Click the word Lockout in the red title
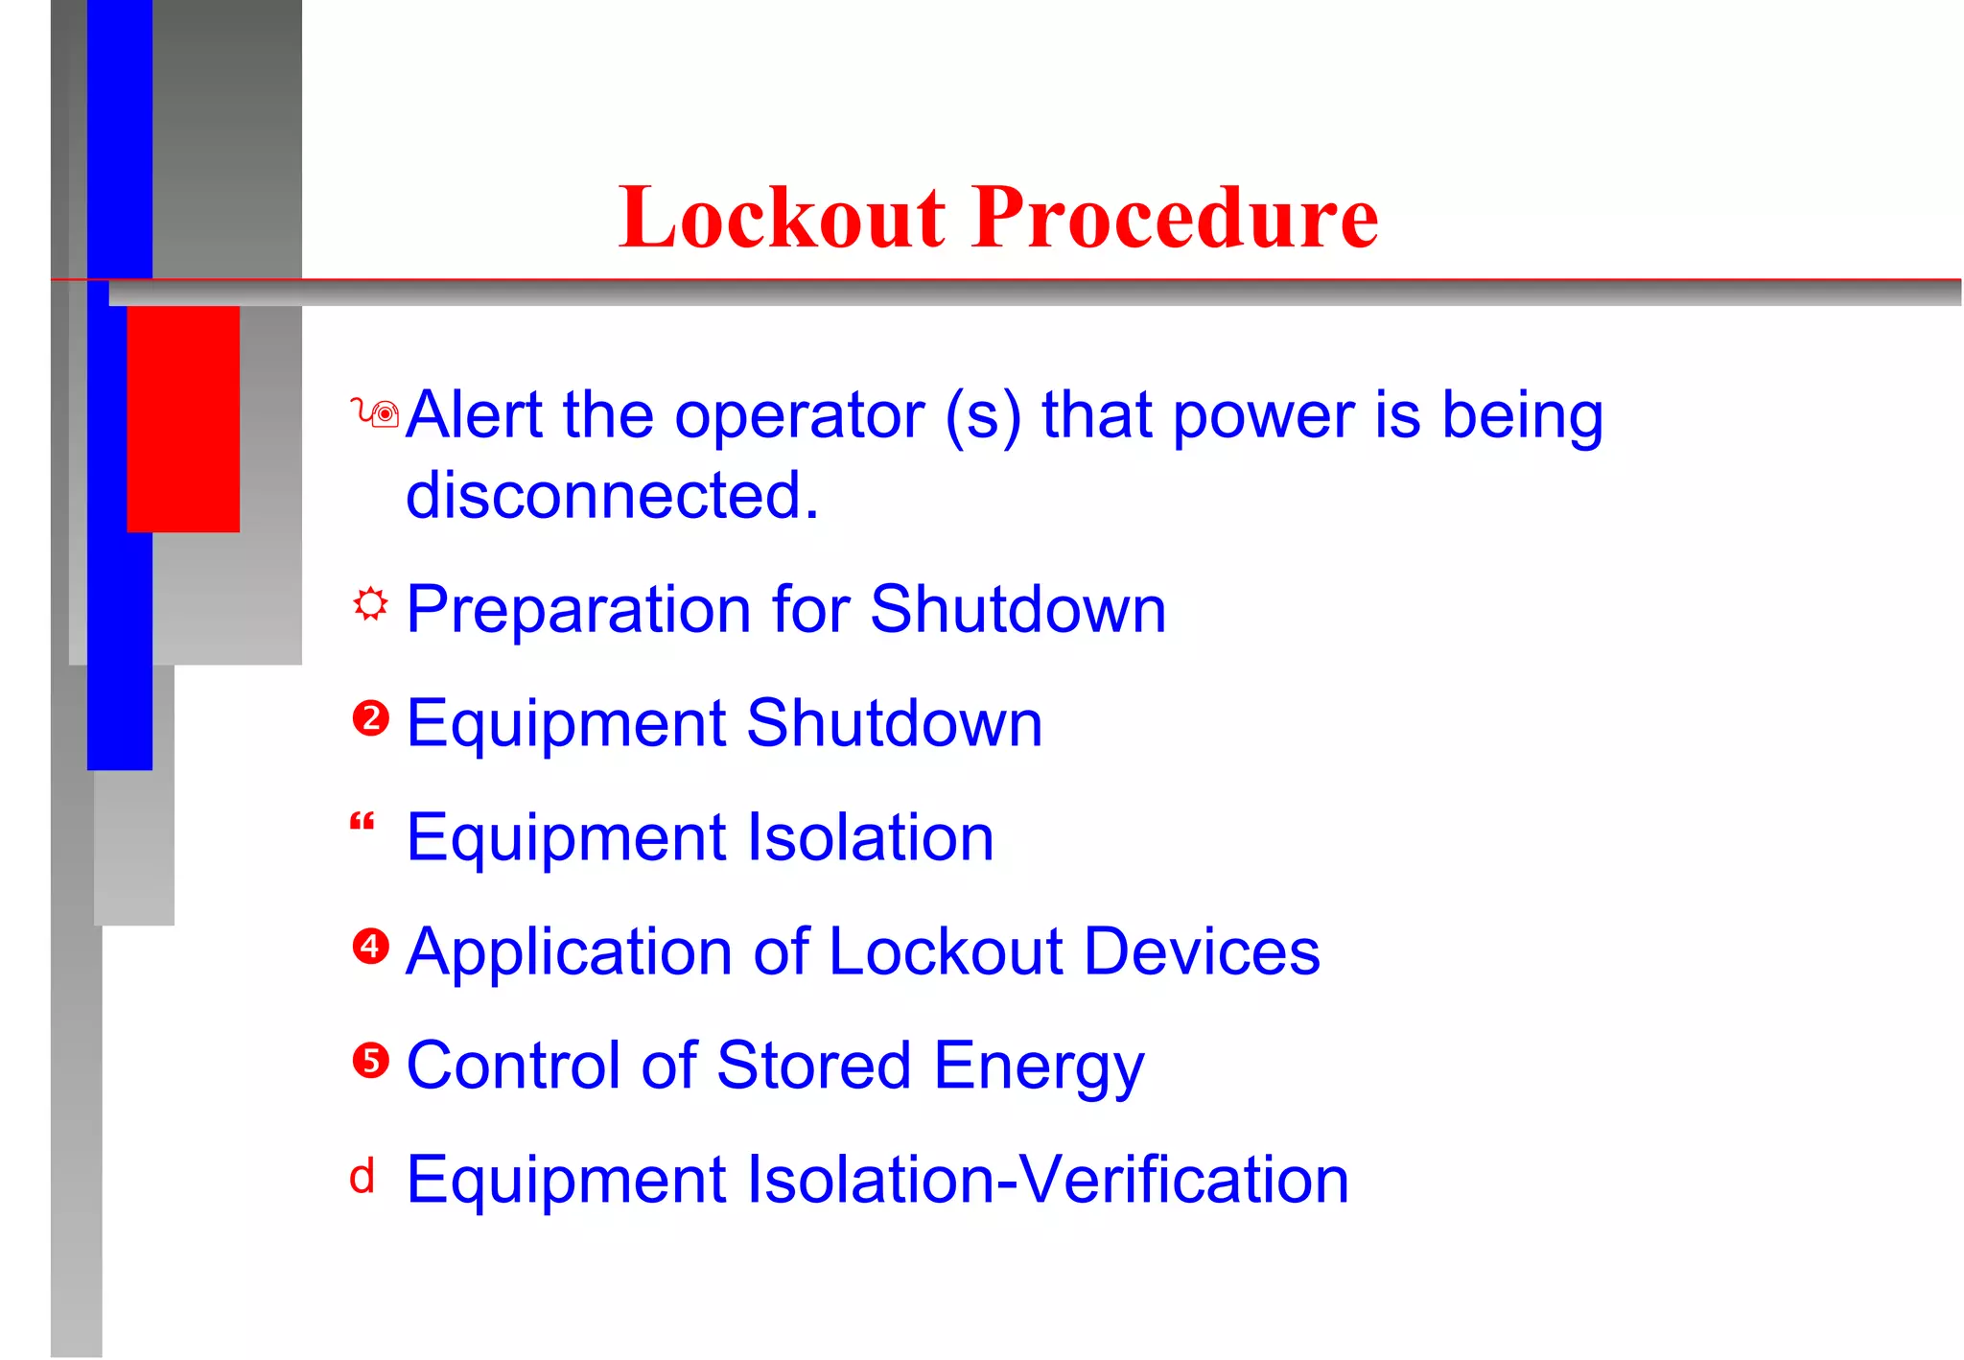pyautogui.click(x=783, y=218)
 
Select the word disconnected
pyautogui.click(x=612, y=496)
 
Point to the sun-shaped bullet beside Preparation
pyautogui.click(x=370, y=604)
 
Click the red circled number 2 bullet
pyautogui.click(x=370, y=718)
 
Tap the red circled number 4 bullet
pyautogui.click(x=370, y=947)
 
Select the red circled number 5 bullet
pyautogui.click(x=370, y=1061)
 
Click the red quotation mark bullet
pyautogui.click(x=362, y=822)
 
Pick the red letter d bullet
pyautogui.click(x=362, y=1177)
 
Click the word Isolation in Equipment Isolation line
pyautogui.click(x=870, y=837)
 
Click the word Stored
pyautogui.click(x=813, y=1066)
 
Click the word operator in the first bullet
pyautogui.click(x=799, y=417)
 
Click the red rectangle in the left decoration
pyautogui.click(x=183, y=418)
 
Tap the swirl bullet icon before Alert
pyautogui.click(x=375, y=413)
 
